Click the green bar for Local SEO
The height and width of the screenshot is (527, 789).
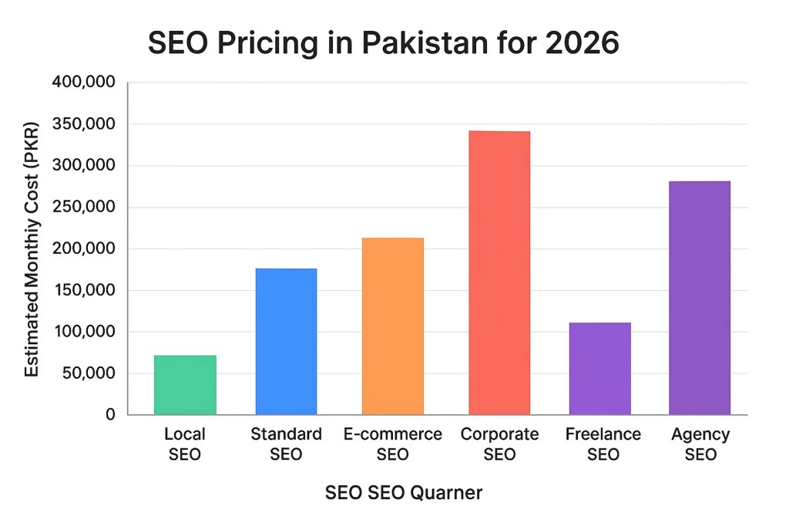pos(185,385)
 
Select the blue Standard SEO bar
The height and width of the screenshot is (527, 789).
pos(286,341)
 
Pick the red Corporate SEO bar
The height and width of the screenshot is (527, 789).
pos(499,273)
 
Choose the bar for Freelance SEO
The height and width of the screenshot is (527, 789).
pos(599,369)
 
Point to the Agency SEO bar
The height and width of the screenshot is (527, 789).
pos(700,298)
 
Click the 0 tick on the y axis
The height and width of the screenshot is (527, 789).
pos(110,415)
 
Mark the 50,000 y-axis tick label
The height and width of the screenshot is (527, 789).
pos(86,373)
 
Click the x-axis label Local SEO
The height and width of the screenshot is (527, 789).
pos(185,444)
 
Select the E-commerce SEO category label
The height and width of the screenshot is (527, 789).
pos(392,444)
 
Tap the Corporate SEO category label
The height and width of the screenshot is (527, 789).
pos(499,444)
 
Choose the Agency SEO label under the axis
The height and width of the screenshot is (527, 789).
pos(700,444)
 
